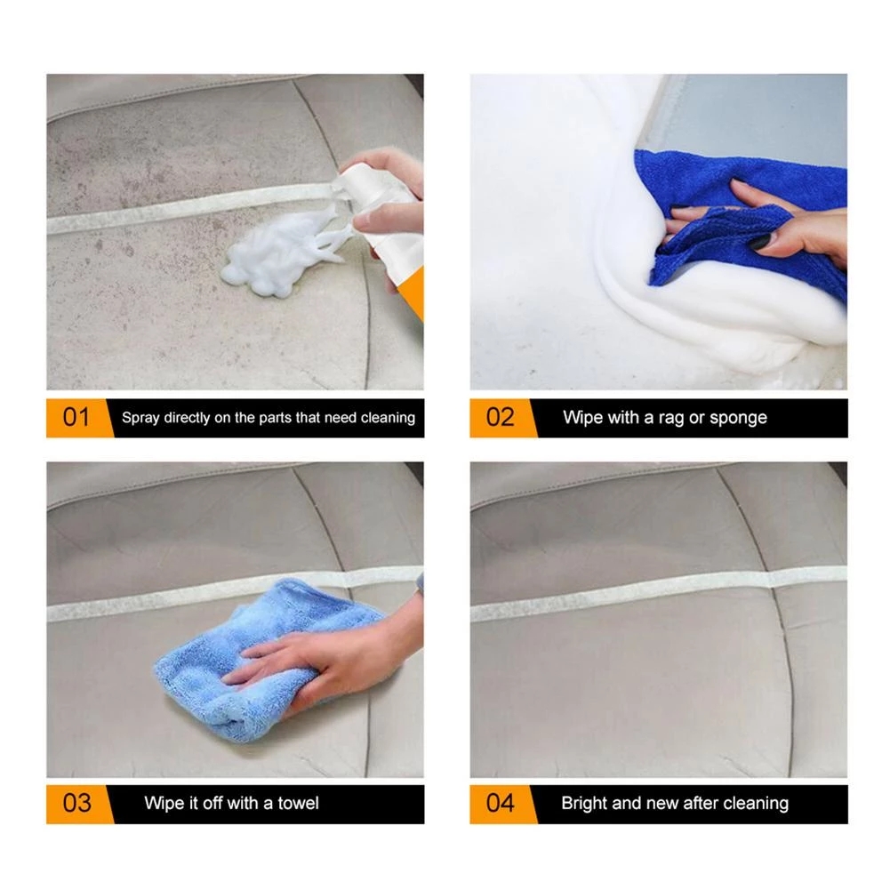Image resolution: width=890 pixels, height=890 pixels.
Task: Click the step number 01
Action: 76,417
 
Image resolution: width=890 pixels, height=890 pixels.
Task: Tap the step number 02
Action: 501,417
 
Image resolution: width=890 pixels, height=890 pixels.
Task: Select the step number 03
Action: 76,803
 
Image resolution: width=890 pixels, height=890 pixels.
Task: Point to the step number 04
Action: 501,803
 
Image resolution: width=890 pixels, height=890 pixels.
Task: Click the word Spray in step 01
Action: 140,418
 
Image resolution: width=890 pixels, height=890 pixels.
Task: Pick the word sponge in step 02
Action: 738,418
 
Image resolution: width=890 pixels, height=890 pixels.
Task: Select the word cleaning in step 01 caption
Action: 389,418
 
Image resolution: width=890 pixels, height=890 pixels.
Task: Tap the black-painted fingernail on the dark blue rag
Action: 758,242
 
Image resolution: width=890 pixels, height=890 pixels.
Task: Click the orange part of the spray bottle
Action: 414,293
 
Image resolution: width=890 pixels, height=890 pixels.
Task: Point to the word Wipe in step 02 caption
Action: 583,418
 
